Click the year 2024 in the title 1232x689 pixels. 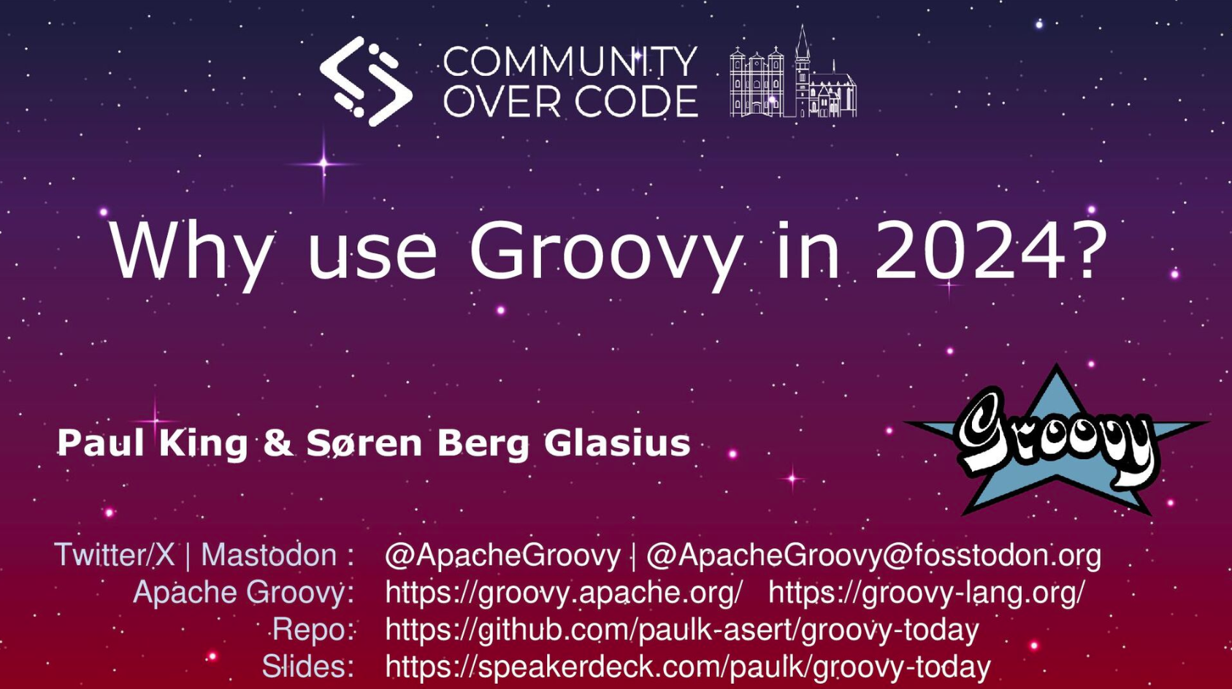pyautogui.click(x=968, y=250)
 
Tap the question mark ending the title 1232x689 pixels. pyautogui.click(x=1086, y=250)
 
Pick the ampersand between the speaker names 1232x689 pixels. pyautogui.click(x=278, y=443)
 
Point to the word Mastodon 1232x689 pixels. pyautogui.click(x=269, y=555)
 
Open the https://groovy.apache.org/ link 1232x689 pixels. pyautogui.click(x=565, y=593)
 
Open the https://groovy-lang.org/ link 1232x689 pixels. pyautogui.click(x=927, y=593)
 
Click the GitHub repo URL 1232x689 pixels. pyautogui.click(x=682, y=630)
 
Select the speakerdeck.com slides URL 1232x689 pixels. pyautogui.click(x=688, y=667)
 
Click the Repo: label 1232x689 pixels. pyautogui.click(x=313, y=630)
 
